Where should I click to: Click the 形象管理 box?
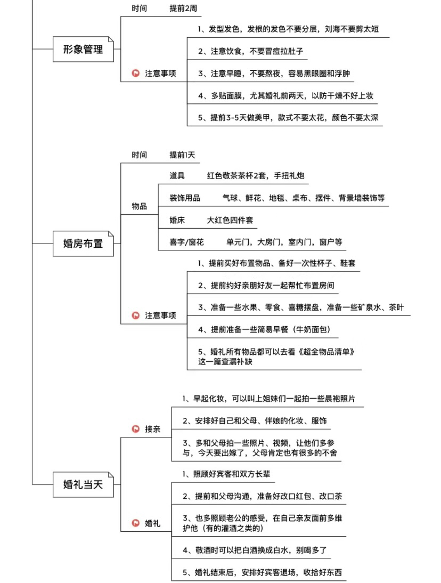click(x=83, y=49)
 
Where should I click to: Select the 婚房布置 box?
click(x=83, y=244)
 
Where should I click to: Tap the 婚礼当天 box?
click(x=83, y=484)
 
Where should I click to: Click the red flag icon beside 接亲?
click(x=136, y=428)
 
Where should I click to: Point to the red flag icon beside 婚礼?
click(x=136, y=523)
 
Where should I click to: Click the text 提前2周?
click(x=183, y=8)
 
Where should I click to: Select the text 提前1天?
click(x=182, y=155)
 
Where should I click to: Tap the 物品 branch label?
click(x=140, y=206)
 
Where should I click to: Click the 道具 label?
click(x=177, y=175)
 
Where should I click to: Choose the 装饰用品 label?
click(x=185, y=198)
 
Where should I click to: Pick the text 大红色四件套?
click(x=230, y=220)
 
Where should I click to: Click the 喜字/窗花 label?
click(x=186, y=242)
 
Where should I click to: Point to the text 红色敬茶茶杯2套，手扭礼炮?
click(x=256, y=175)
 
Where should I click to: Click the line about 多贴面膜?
click(x=285, y=95)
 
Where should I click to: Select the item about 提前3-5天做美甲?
click(x=288, y=117)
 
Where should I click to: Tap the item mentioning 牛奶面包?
click(x=264, y=329)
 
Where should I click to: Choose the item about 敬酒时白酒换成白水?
click(x=255, y=550)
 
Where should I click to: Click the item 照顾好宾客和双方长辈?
click(x=226, y=474)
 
